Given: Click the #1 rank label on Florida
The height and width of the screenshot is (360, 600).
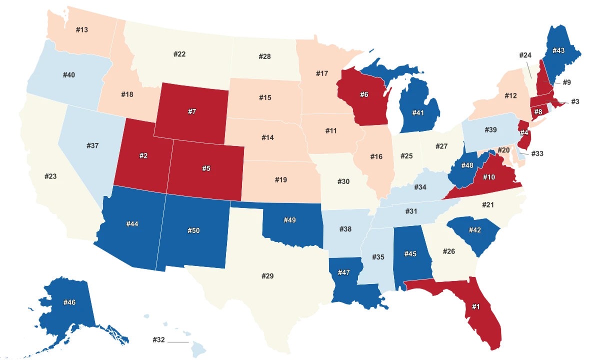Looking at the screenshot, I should coord(475,306).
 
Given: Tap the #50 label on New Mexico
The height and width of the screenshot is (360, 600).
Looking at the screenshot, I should coord(193,230).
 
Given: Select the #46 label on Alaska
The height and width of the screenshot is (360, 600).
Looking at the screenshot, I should coord(69,302).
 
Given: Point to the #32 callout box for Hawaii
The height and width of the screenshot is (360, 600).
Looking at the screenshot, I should coord(158,340).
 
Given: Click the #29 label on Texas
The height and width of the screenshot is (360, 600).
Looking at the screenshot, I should coord(268,276).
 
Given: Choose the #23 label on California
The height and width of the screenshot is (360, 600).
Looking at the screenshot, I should coord(50,176).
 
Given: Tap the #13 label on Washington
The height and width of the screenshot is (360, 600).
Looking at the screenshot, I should coord(82,30).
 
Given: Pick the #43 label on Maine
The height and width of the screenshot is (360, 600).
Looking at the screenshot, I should coord(558,51).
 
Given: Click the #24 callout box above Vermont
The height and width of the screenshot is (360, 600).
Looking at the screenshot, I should coord(525,55).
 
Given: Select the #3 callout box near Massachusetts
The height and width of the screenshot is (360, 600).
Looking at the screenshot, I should coord(575,101).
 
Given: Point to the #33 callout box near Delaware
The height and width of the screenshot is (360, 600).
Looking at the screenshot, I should coord(537,153).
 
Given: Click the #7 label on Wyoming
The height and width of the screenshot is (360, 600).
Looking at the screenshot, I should coord(192,111).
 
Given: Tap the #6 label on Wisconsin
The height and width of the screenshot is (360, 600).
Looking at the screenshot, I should coord(364,94).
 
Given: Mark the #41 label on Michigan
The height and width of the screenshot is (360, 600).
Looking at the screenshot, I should coord(418,113).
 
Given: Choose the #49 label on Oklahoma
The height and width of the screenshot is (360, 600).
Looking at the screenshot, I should coord(290,220).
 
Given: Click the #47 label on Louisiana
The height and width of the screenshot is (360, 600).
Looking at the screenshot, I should coord(343,272).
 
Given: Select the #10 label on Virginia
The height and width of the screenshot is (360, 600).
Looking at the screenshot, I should coord(489,177).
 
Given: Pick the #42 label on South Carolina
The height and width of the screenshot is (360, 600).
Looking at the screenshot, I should coord(475,230).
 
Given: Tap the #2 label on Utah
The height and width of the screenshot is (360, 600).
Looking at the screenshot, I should coord(143,156).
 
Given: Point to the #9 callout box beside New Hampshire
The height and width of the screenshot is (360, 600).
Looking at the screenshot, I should coord(566,82).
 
